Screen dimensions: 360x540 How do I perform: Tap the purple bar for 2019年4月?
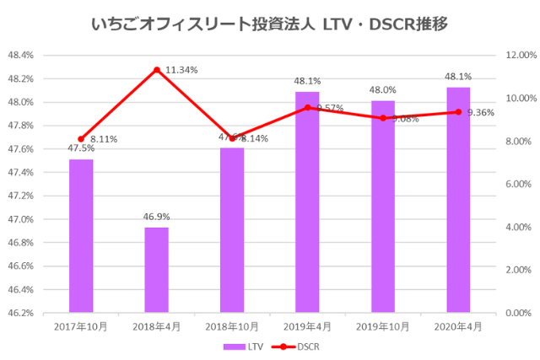click(307, 202)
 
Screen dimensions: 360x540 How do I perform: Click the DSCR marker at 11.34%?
click(156, 70)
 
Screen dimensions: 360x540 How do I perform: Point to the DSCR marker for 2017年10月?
click(81, 139)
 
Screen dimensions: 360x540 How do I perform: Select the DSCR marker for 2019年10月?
click(383, 118)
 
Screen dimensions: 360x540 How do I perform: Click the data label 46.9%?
click(156, 217)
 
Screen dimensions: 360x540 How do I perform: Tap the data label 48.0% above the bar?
click(383, 90)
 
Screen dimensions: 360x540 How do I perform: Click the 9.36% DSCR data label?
click(480, 112)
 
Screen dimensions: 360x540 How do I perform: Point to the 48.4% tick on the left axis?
click(20, 56)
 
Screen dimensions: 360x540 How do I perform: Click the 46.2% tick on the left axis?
click(20, 313)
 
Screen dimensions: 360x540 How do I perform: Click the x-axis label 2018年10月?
click(232, 325)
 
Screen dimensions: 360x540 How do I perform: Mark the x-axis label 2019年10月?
click(383, 325)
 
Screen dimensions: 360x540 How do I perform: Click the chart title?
click(269, 24)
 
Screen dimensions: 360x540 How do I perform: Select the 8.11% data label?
click(104, 139)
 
